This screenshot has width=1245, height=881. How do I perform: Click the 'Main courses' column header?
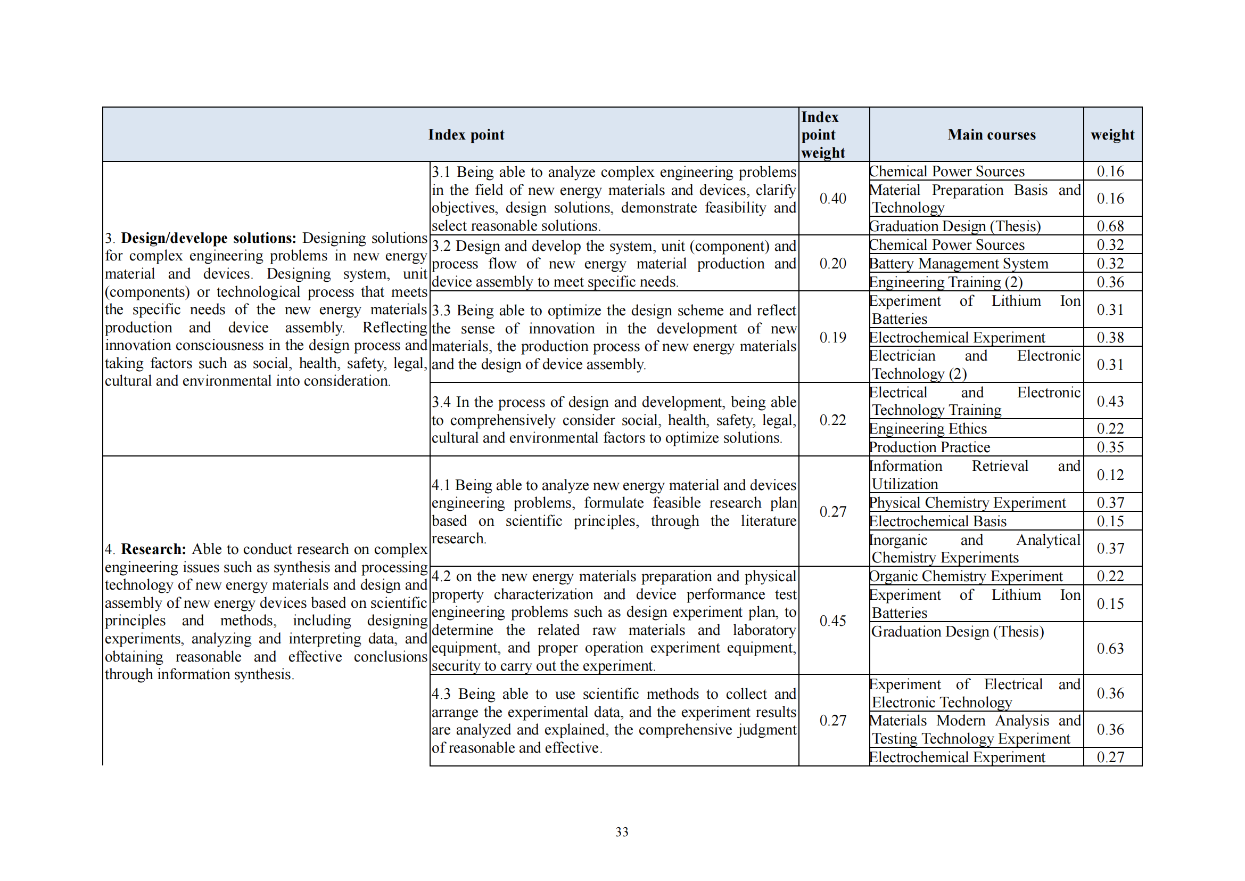pyautogui.click(x=991, y=135)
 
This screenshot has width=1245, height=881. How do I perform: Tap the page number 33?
pyautogui.click(x=622, y=831)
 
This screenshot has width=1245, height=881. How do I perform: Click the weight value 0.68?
pyautogui.click(x=1110, y=226)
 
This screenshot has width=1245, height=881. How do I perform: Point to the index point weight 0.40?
pyautogui.click(x=832, y=199)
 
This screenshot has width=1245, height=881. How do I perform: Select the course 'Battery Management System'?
pyautogui.click(x=959, y=264)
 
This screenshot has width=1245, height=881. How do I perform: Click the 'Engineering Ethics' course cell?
pyautogui.click(x=928, y=429)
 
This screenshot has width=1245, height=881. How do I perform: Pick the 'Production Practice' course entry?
pyautogui.click(x=929, y=447)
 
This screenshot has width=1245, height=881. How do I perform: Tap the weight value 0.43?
pyautogui.click(x=1110, y=402)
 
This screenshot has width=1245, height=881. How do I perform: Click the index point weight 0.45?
pyautogui.click(x=832, y=621)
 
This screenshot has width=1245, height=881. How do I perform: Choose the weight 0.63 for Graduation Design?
pyautogui.click(x=1110, y=648)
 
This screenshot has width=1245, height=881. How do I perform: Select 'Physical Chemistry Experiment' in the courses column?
pyautogui.click(x=967, y=503)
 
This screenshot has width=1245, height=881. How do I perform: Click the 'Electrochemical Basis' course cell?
pyautogui.click(x=938, y=521)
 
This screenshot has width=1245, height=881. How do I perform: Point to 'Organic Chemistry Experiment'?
pyautogui.click(x=966, y=576)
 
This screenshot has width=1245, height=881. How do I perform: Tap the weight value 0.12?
pyautogui.click(x=1110, y=475)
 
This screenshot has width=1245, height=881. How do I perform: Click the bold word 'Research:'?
pyautogui.click(x=153, y=549)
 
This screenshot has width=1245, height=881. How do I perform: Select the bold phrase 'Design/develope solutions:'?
pyautogui.click(x=209, y=238)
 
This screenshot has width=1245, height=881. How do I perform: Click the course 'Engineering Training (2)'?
pyautogui.click(x=946, y=282)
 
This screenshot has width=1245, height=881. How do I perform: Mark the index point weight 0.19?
pyautogui.click(x=832, y=337)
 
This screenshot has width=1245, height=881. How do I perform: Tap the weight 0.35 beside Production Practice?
pyautogui.click(x=1110, y=447)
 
